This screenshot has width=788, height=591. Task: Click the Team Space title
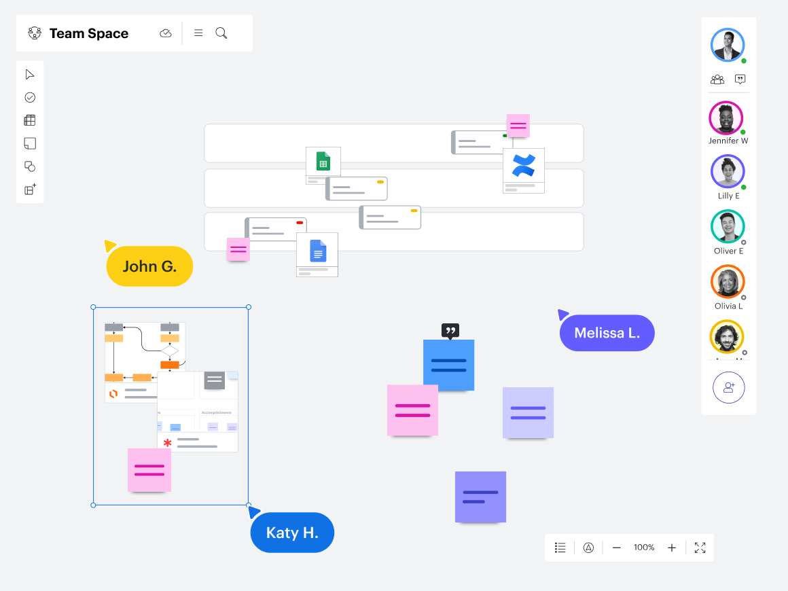tap(88, 33)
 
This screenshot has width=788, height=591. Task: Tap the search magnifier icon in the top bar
tap(221, 33)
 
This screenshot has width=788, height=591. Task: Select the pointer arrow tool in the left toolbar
tap(30, 74)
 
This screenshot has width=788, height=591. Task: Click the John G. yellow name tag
tap(149, 266)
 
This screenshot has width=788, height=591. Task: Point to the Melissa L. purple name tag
tap(607, 333)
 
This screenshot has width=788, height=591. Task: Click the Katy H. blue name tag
tap(292, 533)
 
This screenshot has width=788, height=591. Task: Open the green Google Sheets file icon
tap(323, 162)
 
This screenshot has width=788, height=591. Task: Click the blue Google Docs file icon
tap(318, 251)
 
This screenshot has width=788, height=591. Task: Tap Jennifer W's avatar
tap(726, 118)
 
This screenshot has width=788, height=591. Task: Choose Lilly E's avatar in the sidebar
tap(728, 171)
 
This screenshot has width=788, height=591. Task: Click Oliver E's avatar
tap(728, 226)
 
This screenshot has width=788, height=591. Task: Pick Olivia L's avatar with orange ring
tap(728, 281)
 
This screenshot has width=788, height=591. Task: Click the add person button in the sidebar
tap(728, 387)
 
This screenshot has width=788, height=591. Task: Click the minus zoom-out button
tap(617, 548)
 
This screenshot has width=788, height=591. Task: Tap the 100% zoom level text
tap(644, 548)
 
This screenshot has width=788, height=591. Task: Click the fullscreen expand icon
tap(700, 548)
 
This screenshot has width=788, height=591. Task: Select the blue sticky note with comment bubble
tap(448, 365)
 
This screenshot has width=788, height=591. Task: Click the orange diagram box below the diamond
tap(170, 365)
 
